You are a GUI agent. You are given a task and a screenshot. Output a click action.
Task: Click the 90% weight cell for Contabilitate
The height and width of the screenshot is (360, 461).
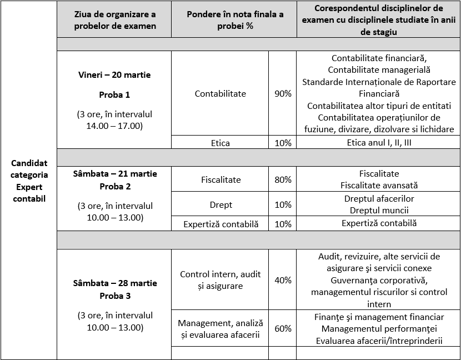pyautogui.click(x=283, y=94)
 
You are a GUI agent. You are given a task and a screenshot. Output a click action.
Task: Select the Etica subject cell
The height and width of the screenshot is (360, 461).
pyautogui.click(x=220, y=143)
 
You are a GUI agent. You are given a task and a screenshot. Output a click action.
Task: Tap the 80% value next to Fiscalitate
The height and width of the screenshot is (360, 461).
pyautogui.click(x=283, y=179)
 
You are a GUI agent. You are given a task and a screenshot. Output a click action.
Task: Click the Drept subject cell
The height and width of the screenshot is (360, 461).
pyautogui.click(x=221, y=204)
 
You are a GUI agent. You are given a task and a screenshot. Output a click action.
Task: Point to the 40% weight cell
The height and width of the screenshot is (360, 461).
pyautogui.click(x=283, y=280)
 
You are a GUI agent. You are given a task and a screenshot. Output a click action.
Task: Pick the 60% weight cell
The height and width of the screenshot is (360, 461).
pyautogui.click(x=283, y=328)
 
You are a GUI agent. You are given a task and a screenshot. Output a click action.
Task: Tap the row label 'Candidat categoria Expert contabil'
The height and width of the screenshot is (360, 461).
pyautogui.click(x=29, y=181)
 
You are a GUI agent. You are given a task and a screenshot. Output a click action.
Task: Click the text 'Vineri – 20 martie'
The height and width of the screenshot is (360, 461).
pyautogui.click(x=114, y=75)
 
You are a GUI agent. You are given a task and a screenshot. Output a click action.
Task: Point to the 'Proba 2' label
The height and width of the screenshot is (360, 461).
pyautogui.click(x=114, y=186)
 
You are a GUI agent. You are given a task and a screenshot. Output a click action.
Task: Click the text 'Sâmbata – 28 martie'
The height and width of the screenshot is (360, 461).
pyautogui.click(x=114, y=283)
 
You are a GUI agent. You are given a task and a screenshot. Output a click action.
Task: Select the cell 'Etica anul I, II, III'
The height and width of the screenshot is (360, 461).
pyautogui.click(x=379, y=143)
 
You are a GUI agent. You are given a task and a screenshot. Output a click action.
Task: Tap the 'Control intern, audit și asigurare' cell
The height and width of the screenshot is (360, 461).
pyautogui.click(x=220, y=280)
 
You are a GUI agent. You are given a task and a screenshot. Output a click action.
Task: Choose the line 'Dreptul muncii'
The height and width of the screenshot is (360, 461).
pyautogui.click(x=379, y=211)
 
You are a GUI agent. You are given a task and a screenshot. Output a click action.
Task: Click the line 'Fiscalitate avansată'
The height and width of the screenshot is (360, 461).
pyautogui.click(x=379, y=186)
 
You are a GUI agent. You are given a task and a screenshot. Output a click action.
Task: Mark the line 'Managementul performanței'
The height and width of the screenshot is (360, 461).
pyautogui.click(x=379, y=329)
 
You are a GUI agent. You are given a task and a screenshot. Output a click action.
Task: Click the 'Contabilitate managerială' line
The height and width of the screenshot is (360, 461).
pyautogui.click(x=379, y=70)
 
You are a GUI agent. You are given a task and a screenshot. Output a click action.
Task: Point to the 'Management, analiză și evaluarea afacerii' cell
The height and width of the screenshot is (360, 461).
pyautogui.click(x=220, y=328)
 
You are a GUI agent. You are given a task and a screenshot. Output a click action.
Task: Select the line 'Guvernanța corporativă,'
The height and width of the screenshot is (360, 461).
pyautogui.click(x=379, y=281)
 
